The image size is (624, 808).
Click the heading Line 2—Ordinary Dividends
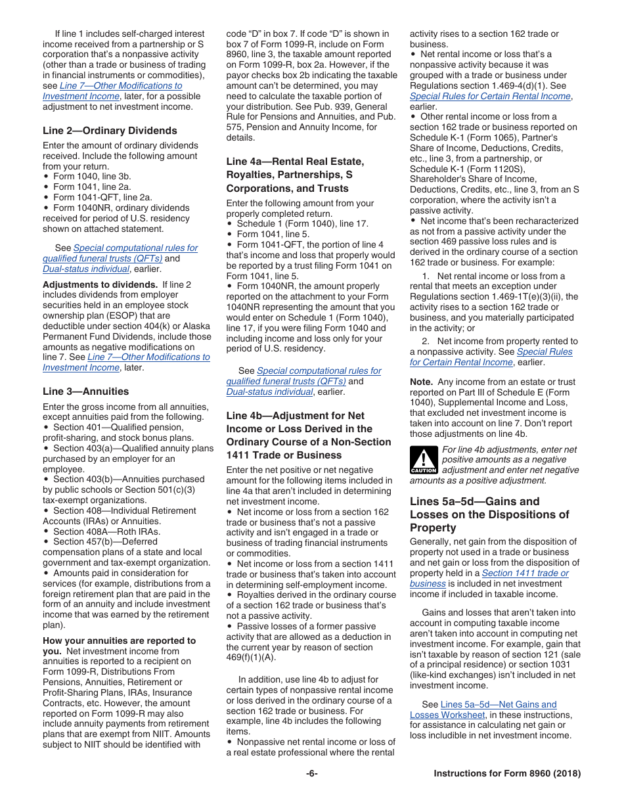point(110,131)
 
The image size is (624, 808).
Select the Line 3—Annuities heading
point(85,392)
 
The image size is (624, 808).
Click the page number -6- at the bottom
point(311,774)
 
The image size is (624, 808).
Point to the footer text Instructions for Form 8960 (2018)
point(507,774)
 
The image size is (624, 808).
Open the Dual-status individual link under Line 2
point(85,269)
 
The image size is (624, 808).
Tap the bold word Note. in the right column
point(421,382)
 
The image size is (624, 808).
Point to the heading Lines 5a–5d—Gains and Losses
point(489,514)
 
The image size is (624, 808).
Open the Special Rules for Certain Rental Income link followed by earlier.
point(490,96)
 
